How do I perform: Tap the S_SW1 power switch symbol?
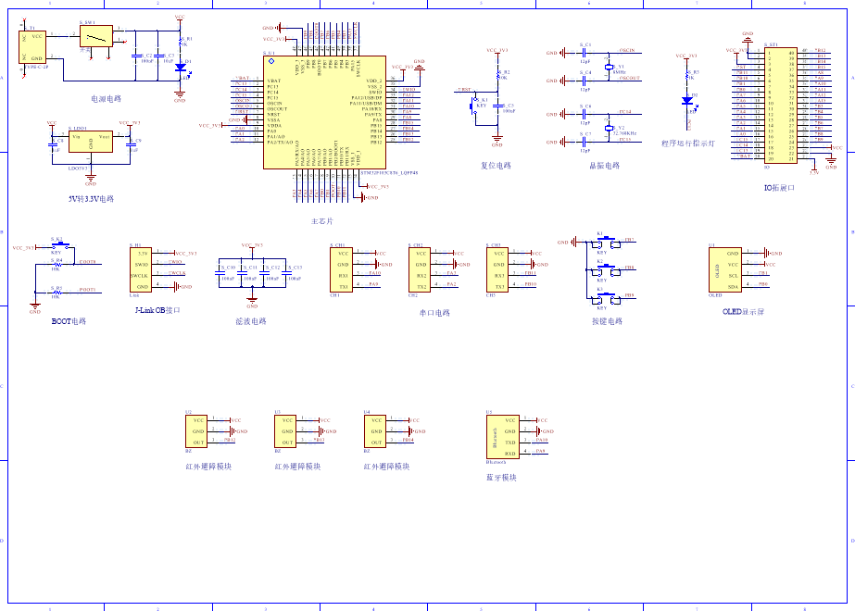[x=94, y=36]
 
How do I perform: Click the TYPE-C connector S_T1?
[x=31, y=46]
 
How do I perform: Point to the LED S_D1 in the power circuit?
[x=180, y=66]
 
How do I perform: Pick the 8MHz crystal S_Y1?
[x=609, y=68]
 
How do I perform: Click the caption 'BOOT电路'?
[x=69, y=321]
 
